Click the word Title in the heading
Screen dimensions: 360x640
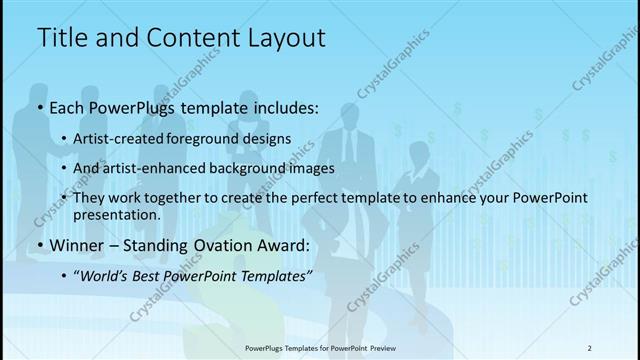tap(62, 38)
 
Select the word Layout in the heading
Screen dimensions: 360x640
tap(281, 38)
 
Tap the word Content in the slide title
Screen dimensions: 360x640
tap(189, 38)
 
